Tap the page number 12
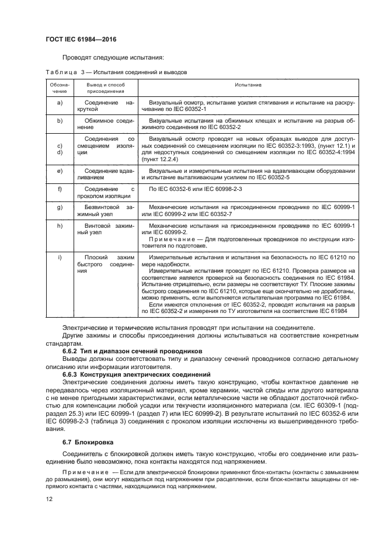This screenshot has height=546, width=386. pos(49,499)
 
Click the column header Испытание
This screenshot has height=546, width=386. pos(248,85)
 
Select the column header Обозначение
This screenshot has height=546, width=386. pos(58,88)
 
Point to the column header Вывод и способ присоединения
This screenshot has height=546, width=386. pos(106,88)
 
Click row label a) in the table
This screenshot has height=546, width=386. pos(58,102)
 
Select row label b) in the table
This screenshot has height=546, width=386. pos(58,120)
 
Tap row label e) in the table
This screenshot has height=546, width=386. pos(58,171)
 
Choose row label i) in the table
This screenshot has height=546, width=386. pos(58,256)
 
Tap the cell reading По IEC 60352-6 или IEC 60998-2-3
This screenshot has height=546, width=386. pos(196,190)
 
